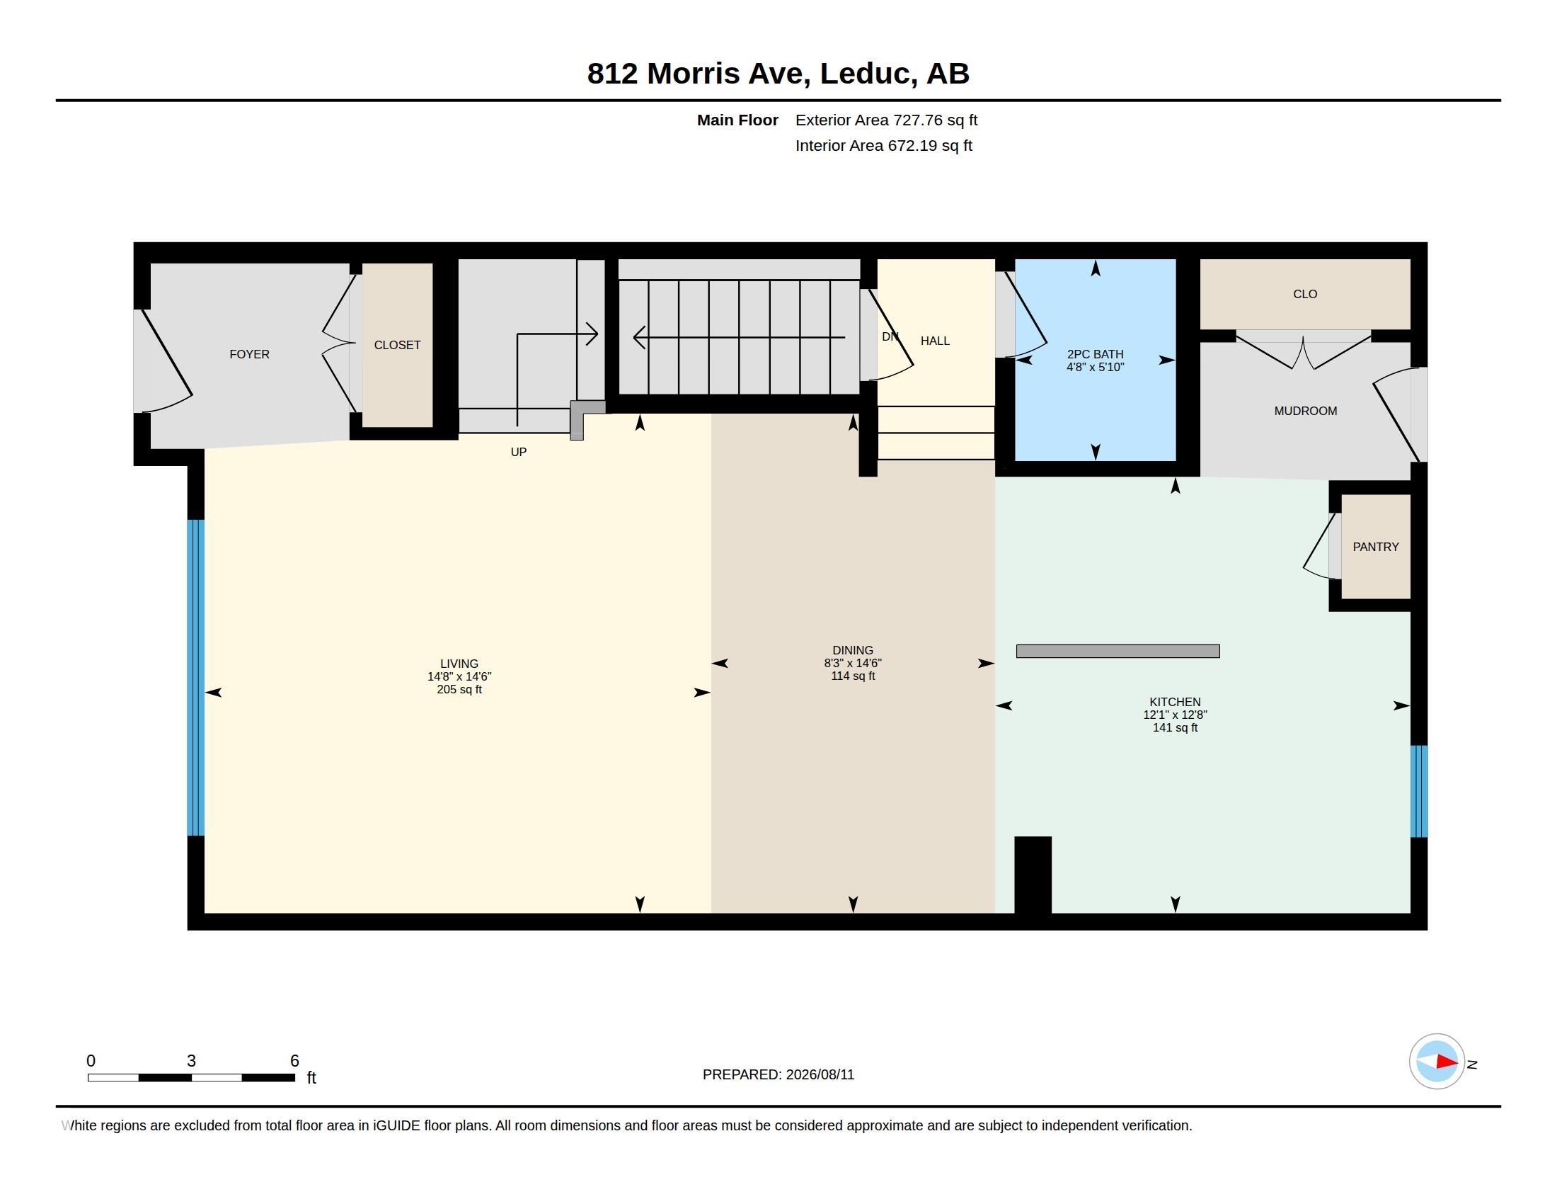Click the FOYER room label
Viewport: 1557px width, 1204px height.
(x=250, y=355)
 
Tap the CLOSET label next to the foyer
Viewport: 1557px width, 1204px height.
(x=397, y=345)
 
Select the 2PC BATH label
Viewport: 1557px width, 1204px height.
(x=1095, y=355)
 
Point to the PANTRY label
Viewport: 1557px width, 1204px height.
(x=1376, y=547)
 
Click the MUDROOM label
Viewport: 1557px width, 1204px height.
(x=1305, y=411)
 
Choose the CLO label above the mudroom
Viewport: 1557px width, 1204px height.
(x=1305, y=294)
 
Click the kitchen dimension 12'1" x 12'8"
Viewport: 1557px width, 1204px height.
(x=1175, y=715)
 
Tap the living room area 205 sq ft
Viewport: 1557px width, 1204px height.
(x=459, y=690)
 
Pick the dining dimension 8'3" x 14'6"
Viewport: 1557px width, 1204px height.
(x=853, y=664)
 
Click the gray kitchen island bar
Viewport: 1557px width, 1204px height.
(x=1118, y=651)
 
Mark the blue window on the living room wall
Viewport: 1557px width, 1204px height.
(x=196, y=678)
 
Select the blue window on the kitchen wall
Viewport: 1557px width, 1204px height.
(x=1419, y=791)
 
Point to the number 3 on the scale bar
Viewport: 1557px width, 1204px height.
(x=191, y=1061)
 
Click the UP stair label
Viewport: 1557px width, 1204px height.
(x=518, y=453)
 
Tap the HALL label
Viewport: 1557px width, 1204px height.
(x=935, y=341)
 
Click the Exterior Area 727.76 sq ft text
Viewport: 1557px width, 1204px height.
(x=886, y=120)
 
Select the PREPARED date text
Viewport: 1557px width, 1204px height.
(x=778, y=1075)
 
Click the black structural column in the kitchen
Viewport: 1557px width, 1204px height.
(x=1033, y=875)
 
